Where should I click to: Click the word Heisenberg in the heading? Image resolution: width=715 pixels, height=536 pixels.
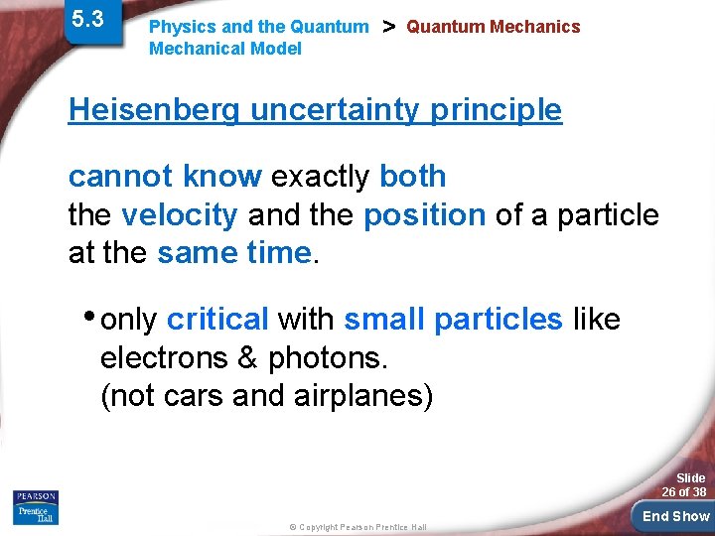[154, 110]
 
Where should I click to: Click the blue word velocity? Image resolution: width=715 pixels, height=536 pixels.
[179, 214]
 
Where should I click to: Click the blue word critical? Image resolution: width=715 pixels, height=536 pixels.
[217, 320]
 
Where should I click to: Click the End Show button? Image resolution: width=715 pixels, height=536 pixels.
[675, 516]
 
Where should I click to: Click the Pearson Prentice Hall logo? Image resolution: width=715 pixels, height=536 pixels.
[36, 507]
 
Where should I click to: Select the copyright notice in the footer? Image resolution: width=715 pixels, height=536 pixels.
[357, 527]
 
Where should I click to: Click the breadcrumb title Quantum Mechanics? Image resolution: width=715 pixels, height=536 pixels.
[493, 27]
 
